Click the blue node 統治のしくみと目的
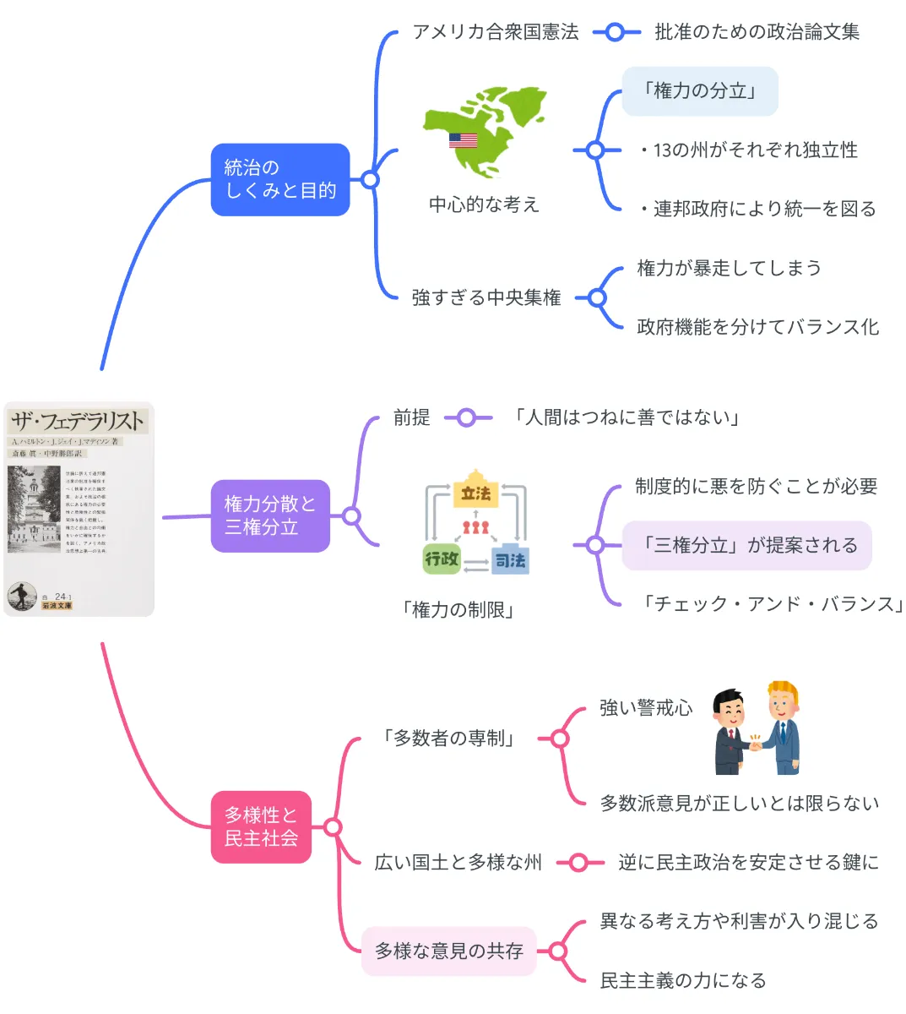[x=279, y=179]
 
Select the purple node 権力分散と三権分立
[x=269, y=515]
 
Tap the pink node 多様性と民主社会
[x=261, y=826]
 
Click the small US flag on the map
[x=463, y=140]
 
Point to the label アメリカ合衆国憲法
[x=495, y=32]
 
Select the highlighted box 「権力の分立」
[x=699, y=91]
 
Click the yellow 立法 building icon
[x=475, y=490]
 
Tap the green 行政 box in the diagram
[x=442, y=559]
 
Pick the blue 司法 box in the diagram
[x=510, y=559]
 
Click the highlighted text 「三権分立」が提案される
[x=746, y=546]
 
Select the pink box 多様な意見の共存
[x=448, y=951]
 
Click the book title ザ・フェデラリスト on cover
[x=78, y=420]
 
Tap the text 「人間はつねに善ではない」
[x=627, y=417]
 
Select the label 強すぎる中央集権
[x=486, y=297]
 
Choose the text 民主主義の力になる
[x=682, y=980]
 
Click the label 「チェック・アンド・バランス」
[x=771, y=604]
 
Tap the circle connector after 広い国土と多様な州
[x=578, y=863]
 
